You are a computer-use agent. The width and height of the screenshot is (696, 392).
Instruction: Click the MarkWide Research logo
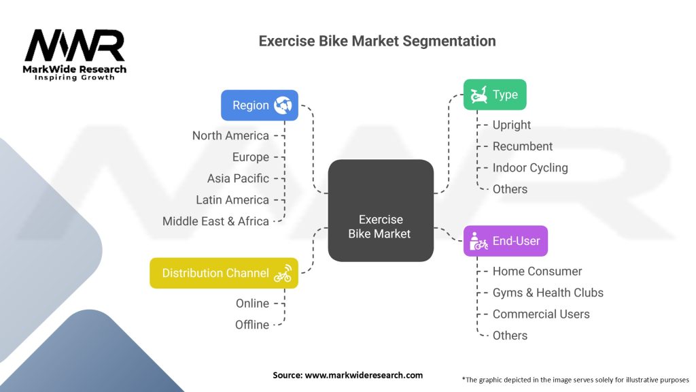75,54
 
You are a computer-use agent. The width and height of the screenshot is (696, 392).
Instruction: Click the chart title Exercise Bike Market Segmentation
377,41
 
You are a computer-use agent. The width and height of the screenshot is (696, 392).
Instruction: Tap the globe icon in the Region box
283,105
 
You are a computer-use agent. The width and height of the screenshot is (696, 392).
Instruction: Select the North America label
230,135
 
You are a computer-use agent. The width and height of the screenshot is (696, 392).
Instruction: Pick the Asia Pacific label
238,178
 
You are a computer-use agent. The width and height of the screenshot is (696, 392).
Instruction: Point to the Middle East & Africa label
215,221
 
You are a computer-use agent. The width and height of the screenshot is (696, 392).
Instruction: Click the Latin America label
232,199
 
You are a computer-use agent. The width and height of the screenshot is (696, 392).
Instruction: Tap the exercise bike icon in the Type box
478,95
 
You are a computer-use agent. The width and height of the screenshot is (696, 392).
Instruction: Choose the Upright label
511,125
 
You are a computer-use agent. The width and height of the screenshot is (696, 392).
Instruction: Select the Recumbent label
523,146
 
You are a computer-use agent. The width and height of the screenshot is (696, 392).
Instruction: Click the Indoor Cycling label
530,167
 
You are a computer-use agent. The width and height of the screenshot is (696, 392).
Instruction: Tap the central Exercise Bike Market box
381,210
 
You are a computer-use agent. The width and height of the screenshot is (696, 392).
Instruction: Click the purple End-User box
506,241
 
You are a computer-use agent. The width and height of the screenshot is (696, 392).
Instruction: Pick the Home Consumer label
537,271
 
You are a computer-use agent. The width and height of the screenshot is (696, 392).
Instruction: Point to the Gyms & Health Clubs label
548,293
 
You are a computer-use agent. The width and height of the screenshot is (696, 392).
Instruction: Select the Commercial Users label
541,314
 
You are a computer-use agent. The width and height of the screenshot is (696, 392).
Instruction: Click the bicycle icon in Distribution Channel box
283,274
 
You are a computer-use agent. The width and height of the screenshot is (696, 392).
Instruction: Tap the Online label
252,303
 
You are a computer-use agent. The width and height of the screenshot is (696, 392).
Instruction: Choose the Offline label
252,325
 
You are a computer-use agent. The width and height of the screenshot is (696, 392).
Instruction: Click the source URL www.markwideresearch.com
364,375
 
